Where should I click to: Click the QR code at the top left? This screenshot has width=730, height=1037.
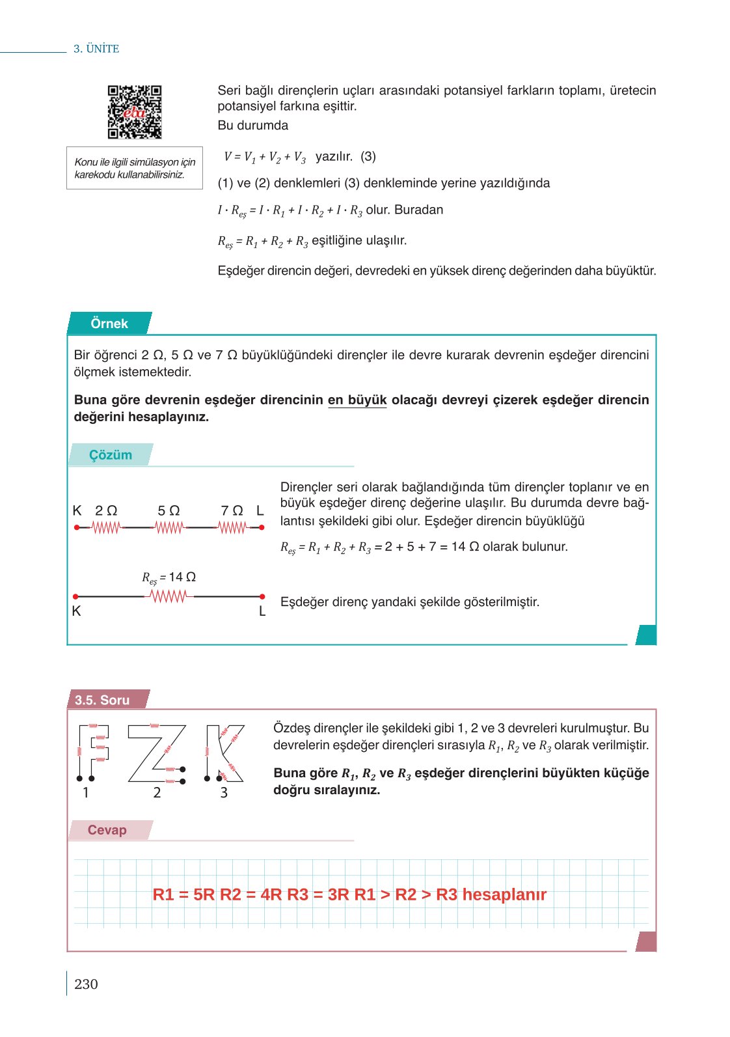pyautogui.click(x=135, y=112)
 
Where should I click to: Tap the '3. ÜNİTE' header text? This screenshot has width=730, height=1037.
pyautogui.click(x=96, y=49)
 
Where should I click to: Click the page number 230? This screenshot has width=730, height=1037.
pyautogui.click(x=86, y=984)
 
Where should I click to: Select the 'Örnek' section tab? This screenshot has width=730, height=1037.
pyautogui.click(x=109, y=324)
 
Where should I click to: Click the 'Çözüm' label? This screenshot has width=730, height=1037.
pyautogui.click(x=111, y=455)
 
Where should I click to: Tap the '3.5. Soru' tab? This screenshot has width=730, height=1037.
pyautogui.click(x=102, y=700)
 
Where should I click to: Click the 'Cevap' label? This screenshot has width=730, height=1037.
pyautogui.click(x=107, y=830)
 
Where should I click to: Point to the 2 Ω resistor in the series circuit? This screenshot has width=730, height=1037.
pyautogui.click(x=106, y=527)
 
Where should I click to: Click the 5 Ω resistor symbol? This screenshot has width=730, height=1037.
pyautogui.click(x=169, y=527)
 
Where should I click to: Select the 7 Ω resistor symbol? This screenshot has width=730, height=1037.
pyautogui.click(x=232, y=527)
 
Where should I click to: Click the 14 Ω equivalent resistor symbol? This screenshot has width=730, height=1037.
pyautogui.click(x=169, y=596)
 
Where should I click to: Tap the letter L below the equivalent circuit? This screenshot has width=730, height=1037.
pyautogui.click(x=262, y=611)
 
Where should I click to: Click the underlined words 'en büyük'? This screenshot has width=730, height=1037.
pyautogui.click(x=357, y=400)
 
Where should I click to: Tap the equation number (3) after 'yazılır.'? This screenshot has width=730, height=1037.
pyautogui.click(x=368, y=156)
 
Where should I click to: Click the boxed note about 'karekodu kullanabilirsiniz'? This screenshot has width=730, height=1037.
pyautogui.click(x=135, y=168)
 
